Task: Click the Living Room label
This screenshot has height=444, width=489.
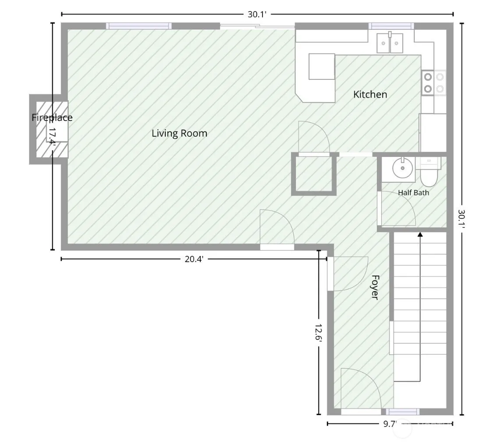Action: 179,133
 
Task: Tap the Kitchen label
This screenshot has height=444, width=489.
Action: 370,94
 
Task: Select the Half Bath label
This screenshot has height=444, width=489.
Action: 414,193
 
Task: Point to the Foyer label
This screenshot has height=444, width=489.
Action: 375,288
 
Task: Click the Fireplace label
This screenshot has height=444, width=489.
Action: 52,117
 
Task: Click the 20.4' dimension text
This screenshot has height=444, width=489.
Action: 194,259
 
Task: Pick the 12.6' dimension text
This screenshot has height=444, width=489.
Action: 319,334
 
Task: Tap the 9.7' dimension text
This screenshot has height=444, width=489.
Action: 390,424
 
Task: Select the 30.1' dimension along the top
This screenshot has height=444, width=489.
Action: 257,14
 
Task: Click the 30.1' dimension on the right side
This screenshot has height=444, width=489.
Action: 462,219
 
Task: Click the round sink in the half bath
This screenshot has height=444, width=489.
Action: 403,168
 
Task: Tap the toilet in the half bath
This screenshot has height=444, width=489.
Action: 429,172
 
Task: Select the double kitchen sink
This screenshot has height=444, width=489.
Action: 390,43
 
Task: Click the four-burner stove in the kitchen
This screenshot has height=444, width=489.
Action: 434,83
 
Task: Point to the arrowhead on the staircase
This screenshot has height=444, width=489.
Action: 420,234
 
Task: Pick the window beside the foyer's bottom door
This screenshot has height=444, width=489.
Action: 403,412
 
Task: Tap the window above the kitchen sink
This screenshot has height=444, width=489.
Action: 391,26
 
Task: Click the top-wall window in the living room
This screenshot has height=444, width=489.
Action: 139,26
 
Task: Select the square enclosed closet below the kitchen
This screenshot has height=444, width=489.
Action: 314,174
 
